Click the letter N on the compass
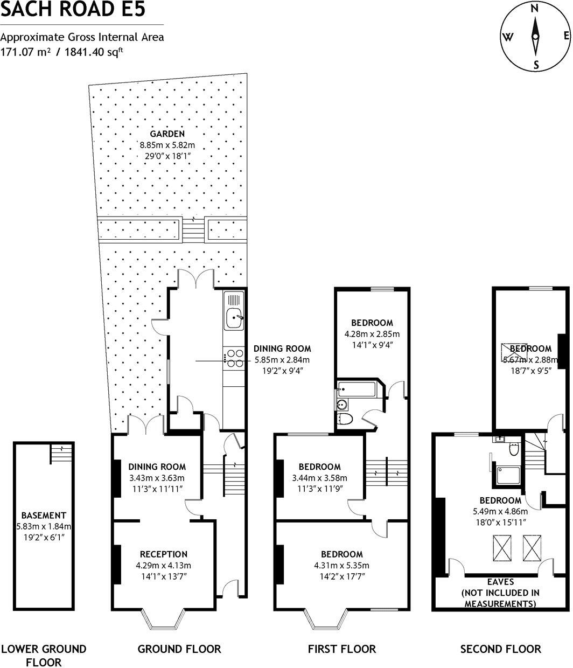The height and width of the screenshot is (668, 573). (535, 9)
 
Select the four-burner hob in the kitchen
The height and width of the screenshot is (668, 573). (234, 359)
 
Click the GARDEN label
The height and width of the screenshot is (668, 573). (167, 134)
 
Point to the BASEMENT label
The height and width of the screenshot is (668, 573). (44, 515)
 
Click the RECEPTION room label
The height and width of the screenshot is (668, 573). (163, 554)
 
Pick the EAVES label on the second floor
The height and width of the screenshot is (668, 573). (500, 582)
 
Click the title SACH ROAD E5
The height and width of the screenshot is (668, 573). (73, 10)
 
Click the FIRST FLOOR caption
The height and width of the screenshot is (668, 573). (342, 649)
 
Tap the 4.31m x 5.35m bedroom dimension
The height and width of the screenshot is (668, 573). (341, 566)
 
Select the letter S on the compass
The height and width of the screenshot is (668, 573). (535, 65)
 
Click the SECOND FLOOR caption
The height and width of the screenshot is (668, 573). (500, 649)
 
